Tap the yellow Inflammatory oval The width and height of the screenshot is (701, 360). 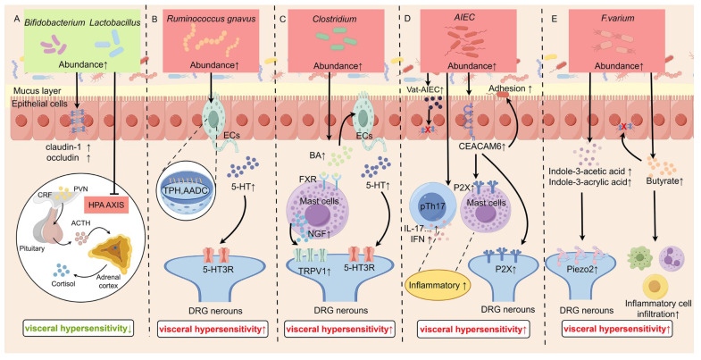click(433, 285)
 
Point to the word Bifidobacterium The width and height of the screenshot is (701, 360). click(55, 21)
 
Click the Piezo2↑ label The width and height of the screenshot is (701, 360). click(575, 273)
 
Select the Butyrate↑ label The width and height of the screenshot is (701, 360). click(663, 181)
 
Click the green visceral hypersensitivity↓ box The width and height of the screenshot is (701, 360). click(77, 329)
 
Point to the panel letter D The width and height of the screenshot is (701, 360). click(407, 19)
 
